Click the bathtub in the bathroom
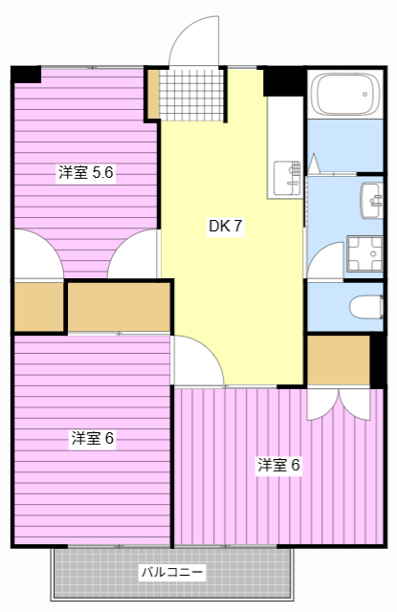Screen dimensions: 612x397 coord(342,95)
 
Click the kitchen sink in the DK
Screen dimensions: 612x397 coord(286,175)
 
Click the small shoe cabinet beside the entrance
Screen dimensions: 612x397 coord(153,93)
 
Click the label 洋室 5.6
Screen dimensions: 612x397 coord(86,173)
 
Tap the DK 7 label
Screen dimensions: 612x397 coord(226,227)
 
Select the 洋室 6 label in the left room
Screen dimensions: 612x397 coord(92,438)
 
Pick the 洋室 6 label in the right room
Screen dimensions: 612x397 coord(278,466)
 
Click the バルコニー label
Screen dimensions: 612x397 coord(172,573)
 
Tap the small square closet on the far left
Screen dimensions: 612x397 coord(38,305)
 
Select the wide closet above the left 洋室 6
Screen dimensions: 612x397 coord(119,306)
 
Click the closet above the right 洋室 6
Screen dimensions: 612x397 coord(338,360)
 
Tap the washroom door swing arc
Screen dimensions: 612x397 coord(325,259)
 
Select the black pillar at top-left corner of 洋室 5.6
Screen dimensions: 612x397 coord(26,74)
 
